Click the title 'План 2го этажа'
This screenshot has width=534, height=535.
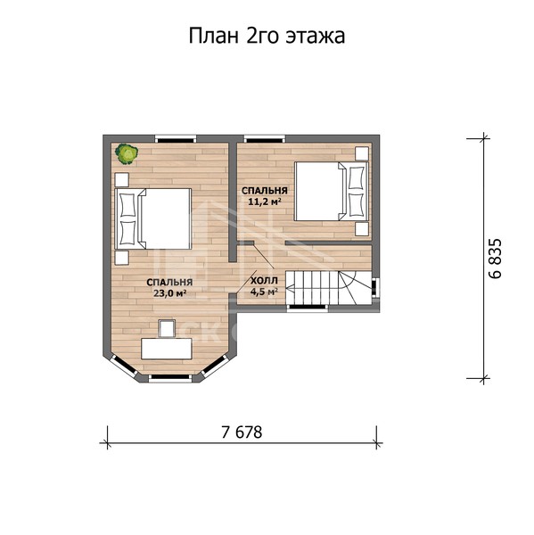pos(267,36)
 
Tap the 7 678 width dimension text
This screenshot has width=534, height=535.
pos(242,432)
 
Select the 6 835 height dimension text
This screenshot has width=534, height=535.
pos(496,259)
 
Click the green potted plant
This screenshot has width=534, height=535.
pos(127,154)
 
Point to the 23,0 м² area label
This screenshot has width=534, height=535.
pos(169,293)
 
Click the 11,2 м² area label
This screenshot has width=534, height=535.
pos(265,202)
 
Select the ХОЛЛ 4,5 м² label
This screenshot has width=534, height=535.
pos(264,286)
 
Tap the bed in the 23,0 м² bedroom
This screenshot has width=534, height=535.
pos(152,218)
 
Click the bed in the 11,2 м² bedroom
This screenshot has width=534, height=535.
pos(332,191)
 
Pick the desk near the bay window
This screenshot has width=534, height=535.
pos(167,348)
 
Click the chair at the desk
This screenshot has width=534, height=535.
pos(167,328)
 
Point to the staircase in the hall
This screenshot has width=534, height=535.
pos(328,288)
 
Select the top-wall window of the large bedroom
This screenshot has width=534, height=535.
pos(176,139)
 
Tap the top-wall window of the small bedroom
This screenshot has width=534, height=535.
pos(265,139)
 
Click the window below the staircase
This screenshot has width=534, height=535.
pos(308,308)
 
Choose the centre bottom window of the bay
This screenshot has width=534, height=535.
pos(170,377)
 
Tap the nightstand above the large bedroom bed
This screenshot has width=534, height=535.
pos(122,180)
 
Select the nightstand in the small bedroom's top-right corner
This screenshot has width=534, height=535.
pos(362,153)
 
